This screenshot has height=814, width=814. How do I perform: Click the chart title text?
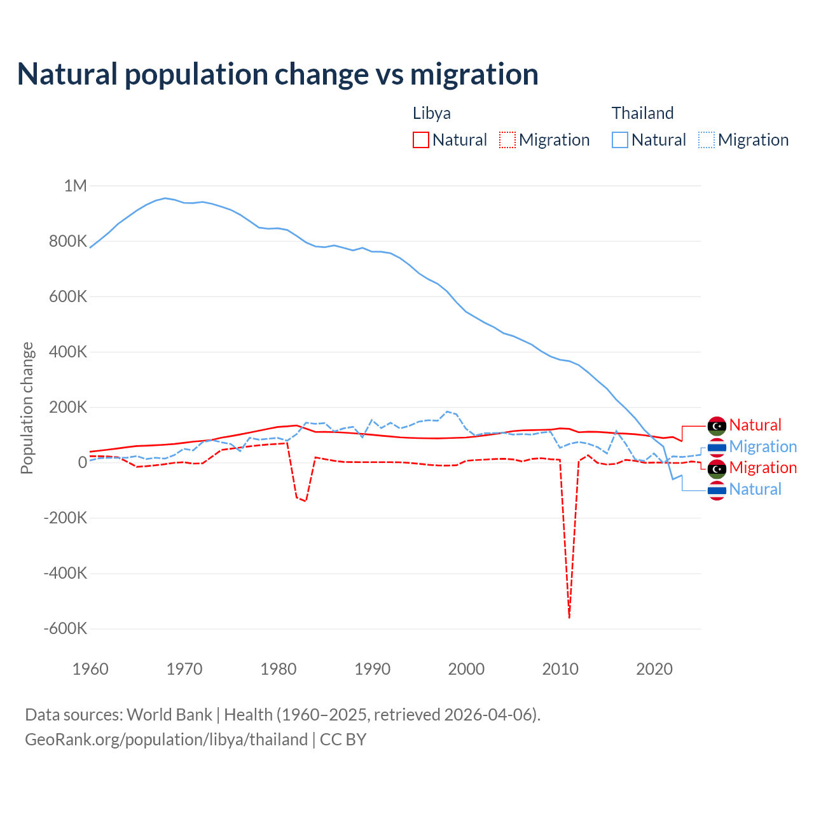tap(278, 74)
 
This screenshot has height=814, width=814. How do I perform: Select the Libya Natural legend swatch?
tap(421, 140)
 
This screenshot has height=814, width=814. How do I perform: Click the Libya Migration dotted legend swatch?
tap(507, 140)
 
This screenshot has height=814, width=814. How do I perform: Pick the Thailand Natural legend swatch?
tap(620, 140)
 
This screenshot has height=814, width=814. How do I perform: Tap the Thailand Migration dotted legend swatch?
tap(707, 140)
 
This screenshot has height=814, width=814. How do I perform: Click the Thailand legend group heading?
tap(642, 113)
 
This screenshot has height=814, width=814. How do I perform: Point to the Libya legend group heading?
tap(432, 113)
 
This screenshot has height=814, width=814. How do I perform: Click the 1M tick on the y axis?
tap(75, 186)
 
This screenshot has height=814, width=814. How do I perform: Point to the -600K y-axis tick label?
tap(65, 628)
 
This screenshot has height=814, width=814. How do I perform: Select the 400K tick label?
tap(68, 352)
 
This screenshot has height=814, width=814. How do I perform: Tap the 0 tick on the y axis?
tap(82, 462)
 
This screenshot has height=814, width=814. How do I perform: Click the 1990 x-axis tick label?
tap(373, 669)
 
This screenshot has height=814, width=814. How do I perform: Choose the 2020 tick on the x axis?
tap(654, 669)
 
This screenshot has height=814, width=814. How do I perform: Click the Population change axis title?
tap(27, 408)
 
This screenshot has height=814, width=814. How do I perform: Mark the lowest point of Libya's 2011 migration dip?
tap(569, 617)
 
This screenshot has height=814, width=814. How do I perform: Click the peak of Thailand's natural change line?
tap(165, 198)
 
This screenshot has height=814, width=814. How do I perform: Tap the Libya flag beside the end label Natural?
tap(717, 425)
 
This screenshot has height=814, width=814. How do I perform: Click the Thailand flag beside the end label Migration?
tap(717, 447)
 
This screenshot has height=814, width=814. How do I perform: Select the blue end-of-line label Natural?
tap(755, 489)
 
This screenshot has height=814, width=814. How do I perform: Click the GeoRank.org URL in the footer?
tap(166, 740)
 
